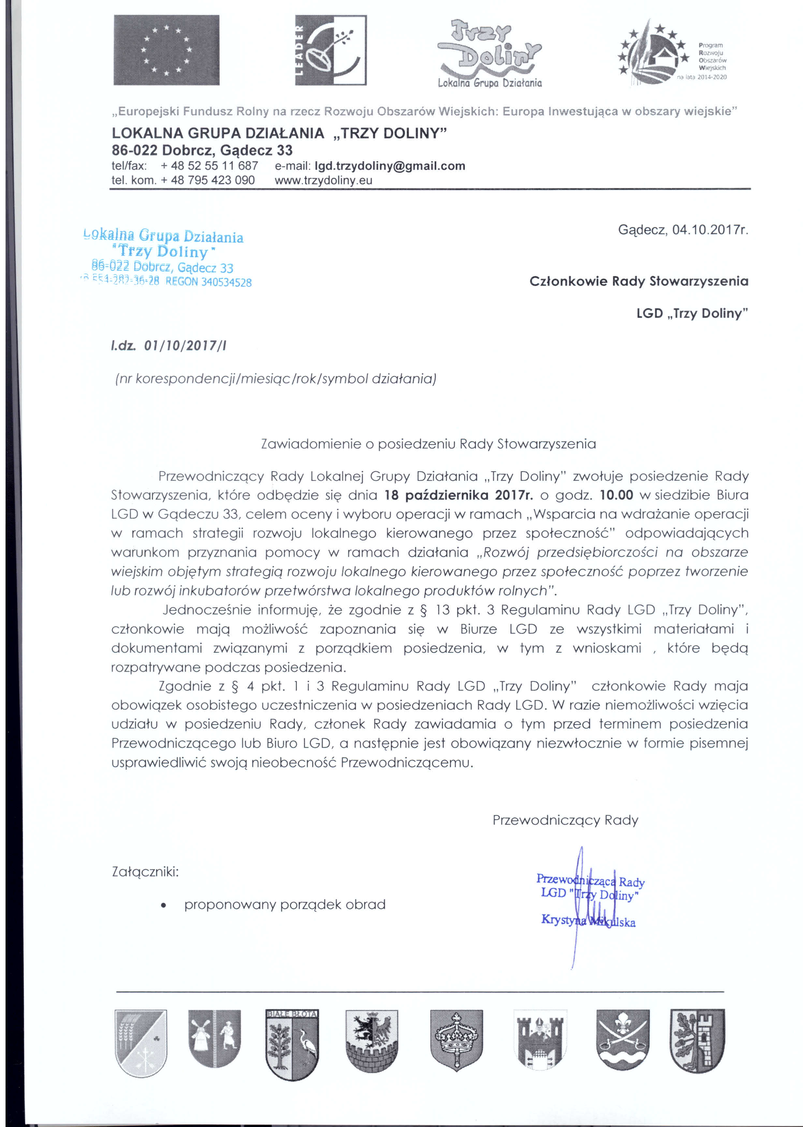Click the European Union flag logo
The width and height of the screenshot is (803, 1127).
166,50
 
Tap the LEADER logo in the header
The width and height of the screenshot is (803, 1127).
331,50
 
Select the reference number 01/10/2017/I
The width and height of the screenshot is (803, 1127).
185,345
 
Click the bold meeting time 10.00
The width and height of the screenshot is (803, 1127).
616,495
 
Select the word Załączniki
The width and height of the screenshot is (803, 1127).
145,871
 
